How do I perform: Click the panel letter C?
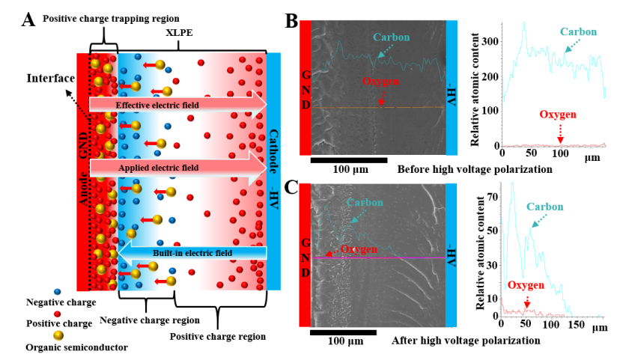(292, 183)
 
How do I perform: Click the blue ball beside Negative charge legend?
(57, 290)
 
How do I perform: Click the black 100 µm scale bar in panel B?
(348, 159)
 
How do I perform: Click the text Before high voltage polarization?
(475, 169)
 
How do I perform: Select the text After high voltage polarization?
(465, 341)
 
